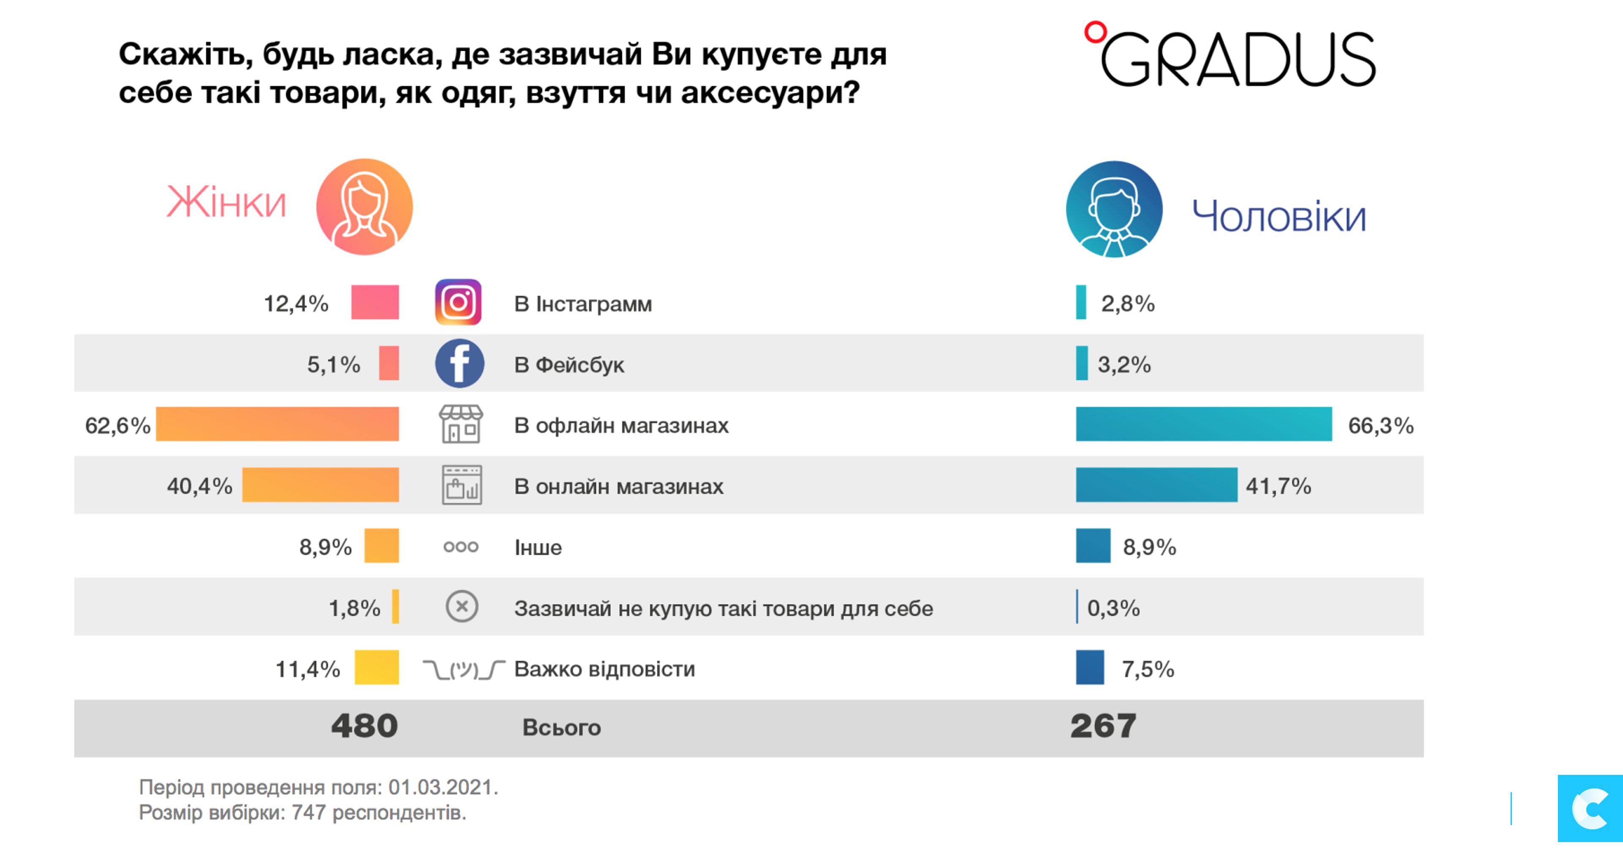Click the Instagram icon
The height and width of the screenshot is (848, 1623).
tap(458, 302)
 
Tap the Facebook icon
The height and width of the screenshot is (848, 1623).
tap(459, 364)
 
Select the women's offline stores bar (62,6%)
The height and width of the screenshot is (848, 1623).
tap(277, 424)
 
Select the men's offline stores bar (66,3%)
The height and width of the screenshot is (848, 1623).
tap(1203, 424)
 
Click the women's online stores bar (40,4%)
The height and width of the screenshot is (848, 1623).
tap(320, 485)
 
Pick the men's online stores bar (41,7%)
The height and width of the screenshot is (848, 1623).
tap(1156, 485)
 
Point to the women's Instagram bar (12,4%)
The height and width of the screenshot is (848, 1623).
tap(375, 302)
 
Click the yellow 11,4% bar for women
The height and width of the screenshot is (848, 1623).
tap(376, 667)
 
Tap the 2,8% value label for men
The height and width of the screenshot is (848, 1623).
tap(1128, 304)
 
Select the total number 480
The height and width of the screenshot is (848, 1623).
tap(365, 726)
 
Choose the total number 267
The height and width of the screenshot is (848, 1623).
tap(1103, 726)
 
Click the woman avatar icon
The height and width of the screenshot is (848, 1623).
tap(364, 207)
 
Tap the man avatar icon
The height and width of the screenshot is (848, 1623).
tap(1114, 209)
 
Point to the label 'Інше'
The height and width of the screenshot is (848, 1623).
tap(538, 547)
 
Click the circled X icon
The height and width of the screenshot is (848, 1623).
tap(462, 607)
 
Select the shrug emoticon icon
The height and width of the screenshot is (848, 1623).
tap(464, 669)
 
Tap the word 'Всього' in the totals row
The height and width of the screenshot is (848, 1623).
tap(561, 728)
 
